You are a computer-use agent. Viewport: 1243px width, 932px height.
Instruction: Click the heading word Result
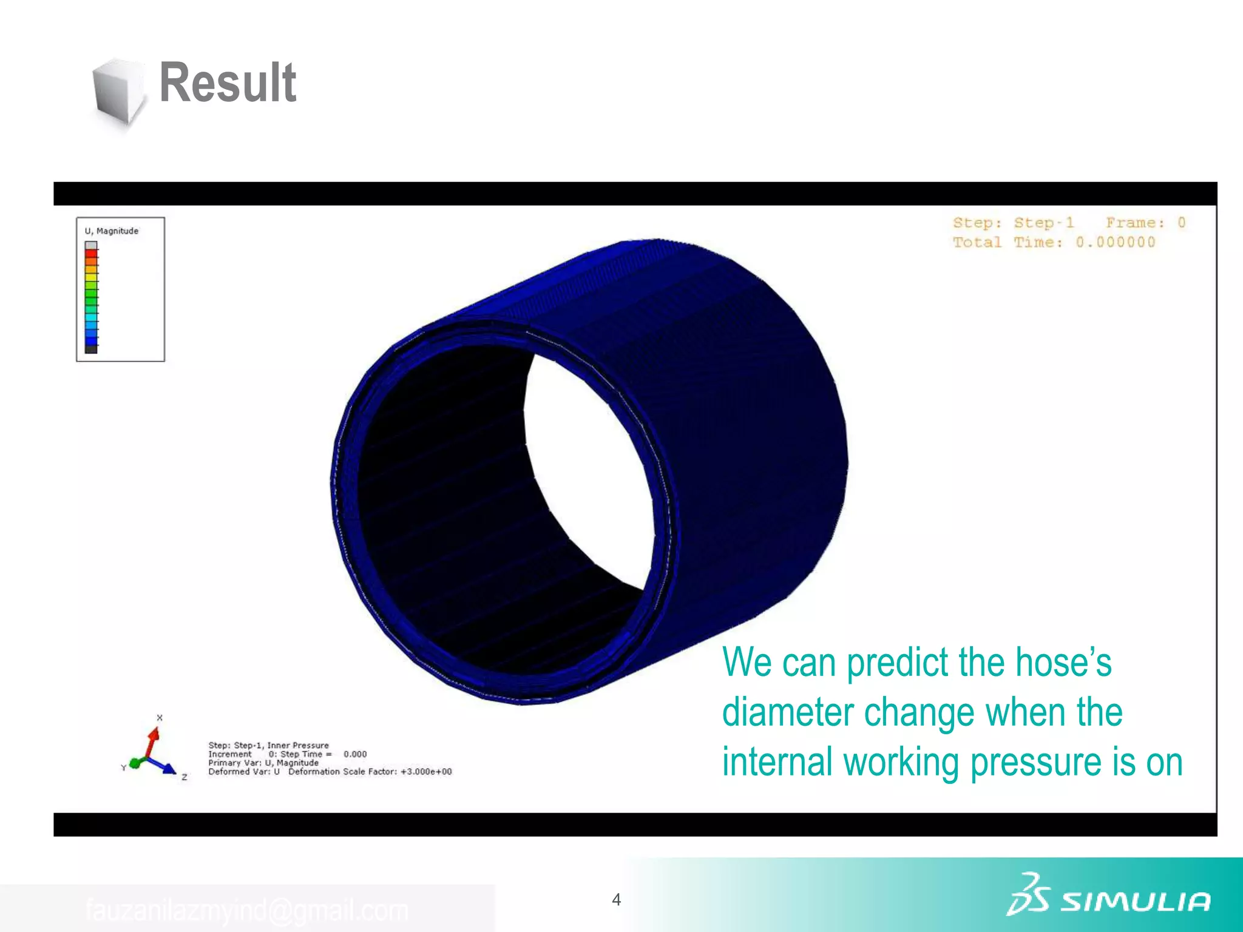point(228,83)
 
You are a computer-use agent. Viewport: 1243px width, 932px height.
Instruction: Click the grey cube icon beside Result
point(118,92)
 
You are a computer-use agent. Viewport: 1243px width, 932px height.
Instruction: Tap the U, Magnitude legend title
point(112,231)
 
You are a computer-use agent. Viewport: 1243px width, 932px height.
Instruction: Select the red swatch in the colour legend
point(91,254)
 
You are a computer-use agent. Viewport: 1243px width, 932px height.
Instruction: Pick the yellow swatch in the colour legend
point(91,277)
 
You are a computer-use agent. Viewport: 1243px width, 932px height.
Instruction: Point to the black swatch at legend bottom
point(91,349)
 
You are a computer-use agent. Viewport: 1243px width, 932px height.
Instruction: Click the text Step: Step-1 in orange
point(1013,223)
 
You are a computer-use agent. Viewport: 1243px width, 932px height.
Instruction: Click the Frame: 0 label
point(1145,223)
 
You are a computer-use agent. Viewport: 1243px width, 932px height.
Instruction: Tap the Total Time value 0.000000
point(1115,242)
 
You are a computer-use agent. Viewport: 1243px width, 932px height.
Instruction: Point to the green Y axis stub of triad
point(135,763)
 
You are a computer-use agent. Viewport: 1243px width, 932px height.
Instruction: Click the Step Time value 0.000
point(355,754)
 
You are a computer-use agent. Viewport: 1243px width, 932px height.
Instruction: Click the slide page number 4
point(616,899)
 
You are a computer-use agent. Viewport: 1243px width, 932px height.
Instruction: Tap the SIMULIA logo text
point(1135,902)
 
